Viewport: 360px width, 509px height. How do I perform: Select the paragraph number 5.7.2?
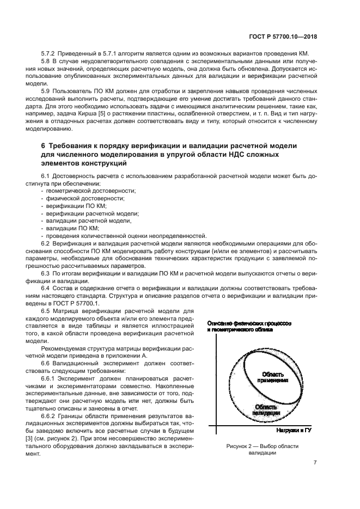(48, 53)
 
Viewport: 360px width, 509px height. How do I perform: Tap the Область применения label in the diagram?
(274, 377)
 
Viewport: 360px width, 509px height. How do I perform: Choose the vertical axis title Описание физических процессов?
(248, 323)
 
